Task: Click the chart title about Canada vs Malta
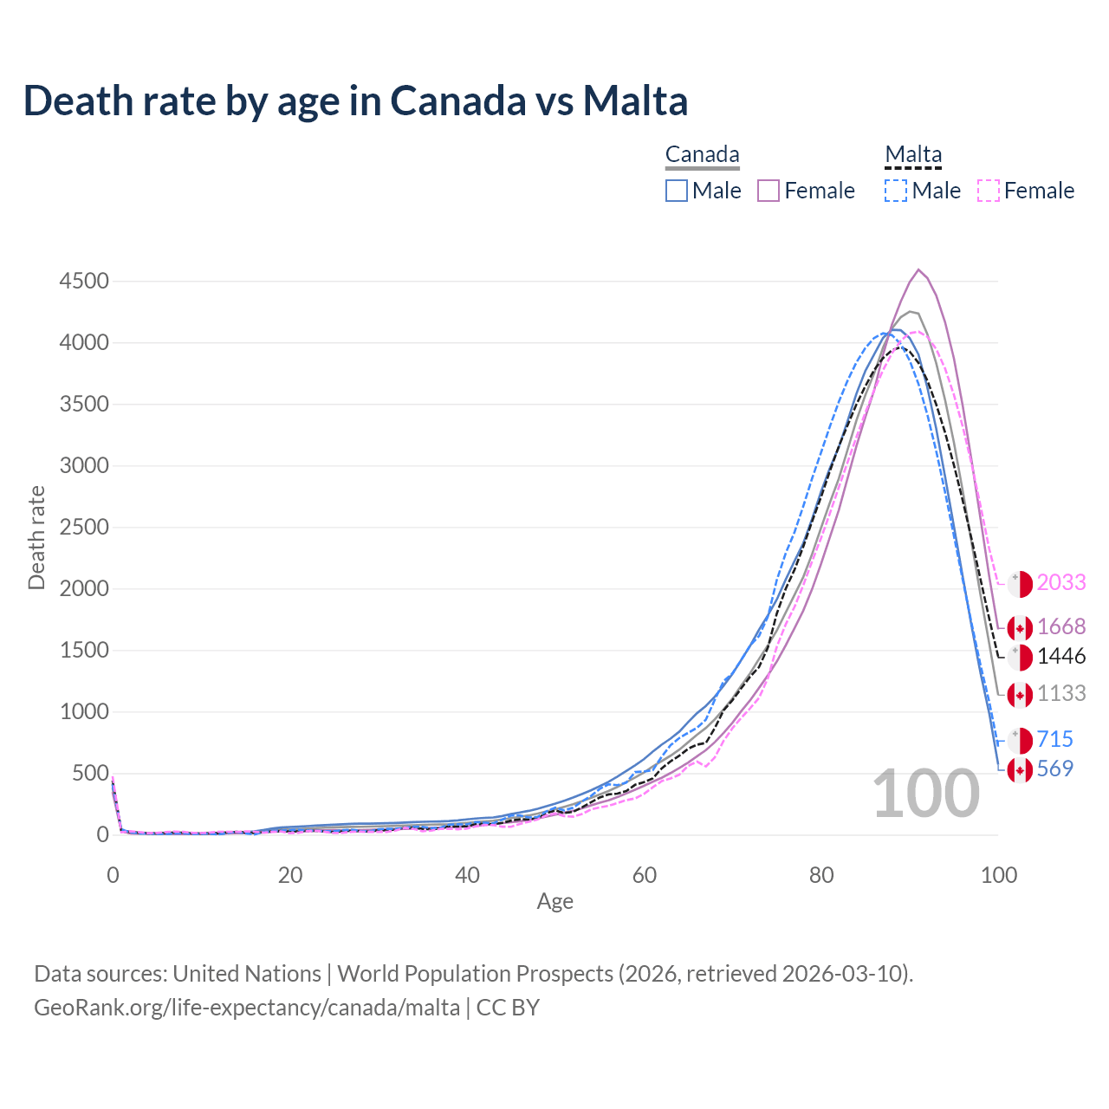(x=355, y=101)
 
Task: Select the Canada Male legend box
(x=677, y=191)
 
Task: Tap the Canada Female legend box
(x=769, y=191)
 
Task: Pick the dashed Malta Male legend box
(x=896, y=191)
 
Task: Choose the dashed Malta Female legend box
(x=989, y=191)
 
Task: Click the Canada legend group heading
(x=702, y=155)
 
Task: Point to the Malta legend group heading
(x=913, y=155)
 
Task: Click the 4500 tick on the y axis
(x=84, y=282)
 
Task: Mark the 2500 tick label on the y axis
(x=84, y=528)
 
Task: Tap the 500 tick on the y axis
(x=90, y=774)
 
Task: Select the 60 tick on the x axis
(x=645, y=875)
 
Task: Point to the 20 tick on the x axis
(x=290, y=875)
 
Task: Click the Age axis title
(x=554, y=902)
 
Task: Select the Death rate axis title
(x=36, y=537)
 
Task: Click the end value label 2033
(x=1061, y=582)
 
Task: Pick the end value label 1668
(x=1061, y=626)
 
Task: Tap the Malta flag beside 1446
(x=1020, y=657)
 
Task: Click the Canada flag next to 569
(x=1020, y=769)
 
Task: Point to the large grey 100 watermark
(x=925, y=794)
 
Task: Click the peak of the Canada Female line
(x=918, y=269)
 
